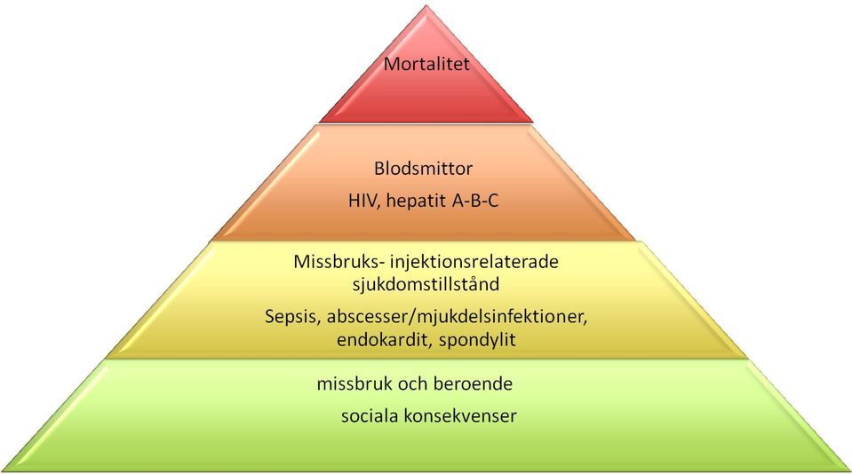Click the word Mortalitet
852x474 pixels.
coord(426,64)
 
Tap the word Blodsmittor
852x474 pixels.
coord(423,169)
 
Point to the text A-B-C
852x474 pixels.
coord(475,201)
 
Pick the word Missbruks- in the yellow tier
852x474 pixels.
coord(340,262)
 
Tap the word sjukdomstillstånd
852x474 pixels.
coord(426,285)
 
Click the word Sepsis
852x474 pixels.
coord(292,317)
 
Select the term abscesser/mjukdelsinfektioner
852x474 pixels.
coord(457,317)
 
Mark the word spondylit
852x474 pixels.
coord(477,341)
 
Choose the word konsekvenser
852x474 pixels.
coord(457,416)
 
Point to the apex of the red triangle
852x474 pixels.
coord(426,5)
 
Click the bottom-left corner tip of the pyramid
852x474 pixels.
coord(3,470)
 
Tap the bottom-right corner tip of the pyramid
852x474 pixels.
coord(850,470)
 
